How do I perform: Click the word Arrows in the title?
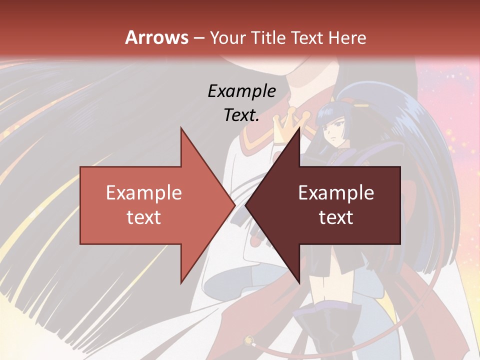point(156,37)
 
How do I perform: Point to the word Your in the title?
point(226,38)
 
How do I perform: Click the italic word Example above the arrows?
point(241,91)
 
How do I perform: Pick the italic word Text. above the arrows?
point(241,115)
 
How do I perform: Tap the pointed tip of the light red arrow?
point(233,205)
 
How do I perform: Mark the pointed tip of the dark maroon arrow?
point(247,205)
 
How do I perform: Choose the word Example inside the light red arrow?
point(144,193)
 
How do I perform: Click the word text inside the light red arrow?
point(144,217)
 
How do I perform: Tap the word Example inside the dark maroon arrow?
point(336,193)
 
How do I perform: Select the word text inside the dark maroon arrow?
point(336,217)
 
